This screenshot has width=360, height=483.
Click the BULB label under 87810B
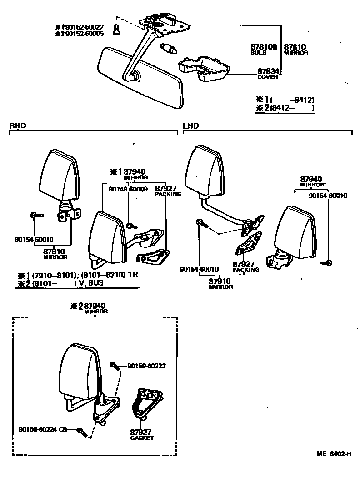coord(258,52)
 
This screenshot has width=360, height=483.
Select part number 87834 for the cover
coord(268,71)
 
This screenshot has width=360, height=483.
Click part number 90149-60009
coord(128,189)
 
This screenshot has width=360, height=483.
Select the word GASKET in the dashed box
coord(142,438)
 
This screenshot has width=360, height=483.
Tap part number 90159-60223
coord(146,365)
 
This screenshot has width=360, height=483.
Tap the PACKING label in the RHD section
coord(168,194)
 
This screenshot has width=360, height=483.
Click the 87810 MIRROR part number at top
coord(295,47)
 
